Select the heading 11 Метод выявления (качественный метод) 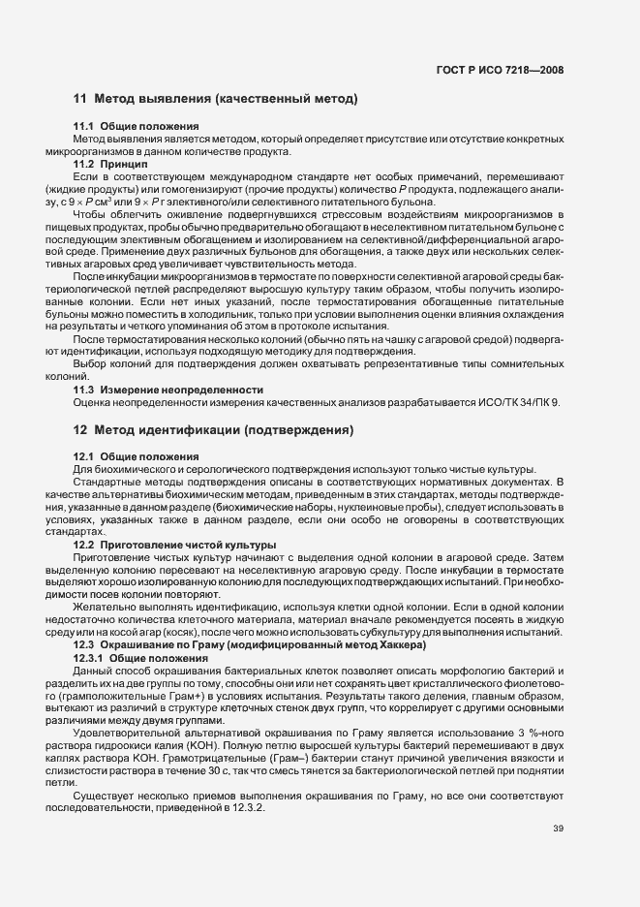tap(215, 99)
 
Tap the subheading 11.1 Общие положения tap(137, 127)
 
